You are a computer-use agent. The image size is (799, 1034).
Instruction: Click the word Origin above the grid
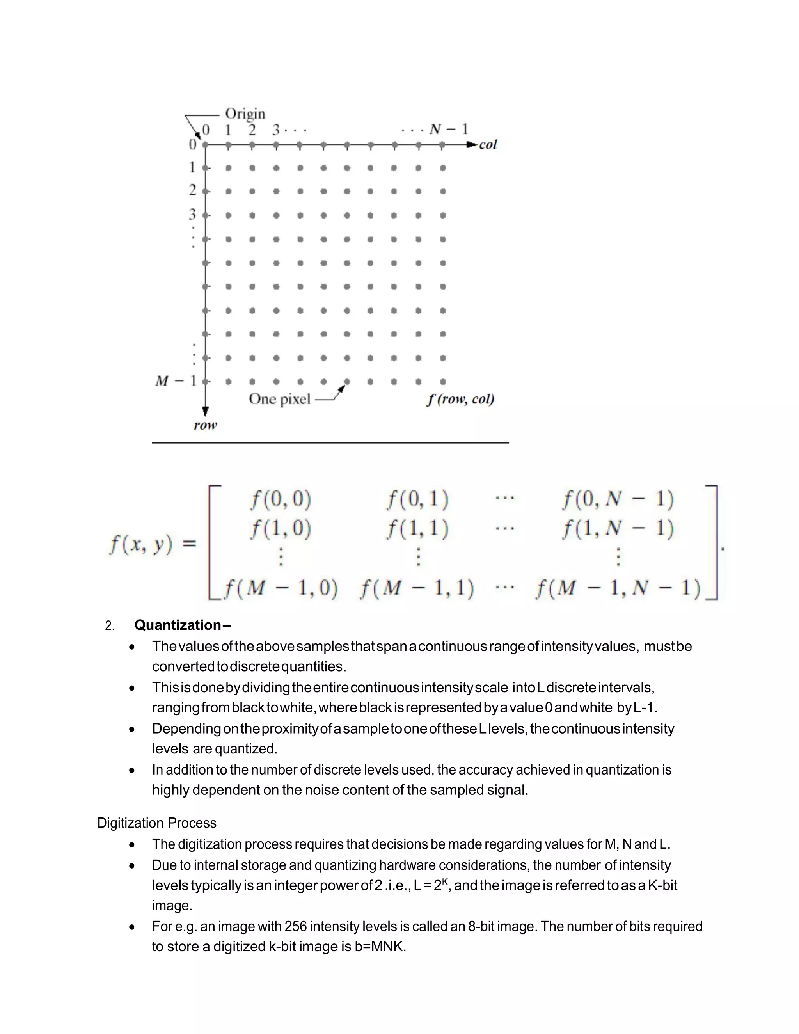click(245, 114)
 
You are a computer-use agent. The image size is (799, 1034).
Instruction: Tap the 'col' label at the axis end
click(488, 145)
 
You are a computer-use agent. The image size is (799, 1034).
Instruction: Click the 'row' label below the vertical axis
click(205, 425)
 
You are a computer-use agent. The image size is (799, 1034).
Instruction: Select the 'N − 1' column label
click(448, 129)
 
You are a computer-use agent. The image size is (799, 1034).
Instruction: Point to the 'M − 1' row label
click(176, 381)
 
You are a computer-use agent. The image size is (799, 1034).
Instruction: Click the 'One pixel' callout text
click(279, 399)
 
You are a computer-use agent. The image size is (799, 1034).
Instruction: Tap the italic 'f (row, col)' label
click(460, 399)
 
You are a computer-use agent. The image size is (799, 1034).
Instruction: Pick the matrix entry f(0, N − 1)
click(618, 499)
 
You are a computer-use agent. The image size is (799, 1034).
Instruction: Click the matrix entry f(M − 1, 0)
click(281, 588)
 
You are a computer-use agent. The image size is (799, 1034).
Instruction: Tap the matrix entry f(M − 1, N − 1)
click(618, 588)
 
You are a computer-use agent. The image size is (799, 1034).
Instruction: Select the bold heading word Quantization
click(178, 625)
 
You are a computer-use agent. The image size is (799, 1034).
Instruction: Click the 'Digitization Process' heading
click(157, 823)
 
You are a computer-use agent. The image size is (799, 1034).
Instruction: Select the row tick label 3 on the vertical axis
click(192, 215)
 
